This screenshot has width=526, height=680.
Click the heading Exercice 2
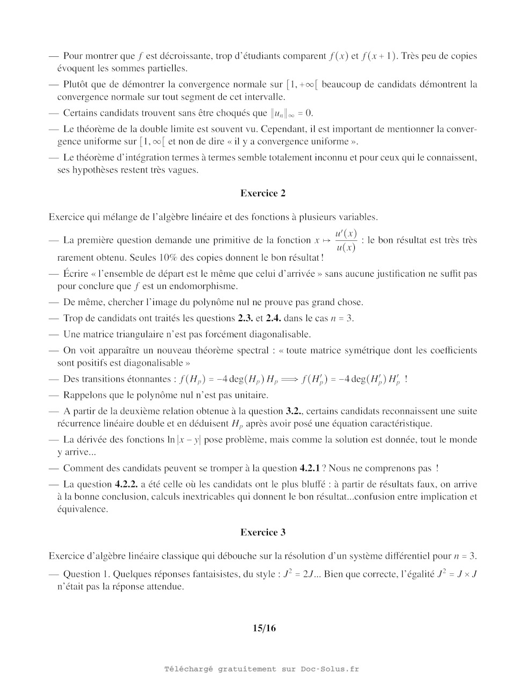point(263,193)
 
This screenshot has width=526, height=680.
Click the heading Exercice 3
point(263,532)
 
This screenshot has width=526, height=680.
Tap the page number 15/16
point(264,627)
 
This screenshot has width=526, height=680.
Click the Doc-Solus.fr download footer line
point(261,669)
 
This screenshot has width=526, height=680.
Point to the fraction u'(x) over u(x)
point(346,240)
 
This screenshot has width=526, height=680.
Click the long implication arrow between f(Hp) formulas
point(289,379)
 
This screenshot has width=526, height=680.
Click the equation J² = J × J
point(457,574)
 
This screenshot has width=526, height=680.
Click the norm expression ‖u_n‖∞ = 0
point(291,113)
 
